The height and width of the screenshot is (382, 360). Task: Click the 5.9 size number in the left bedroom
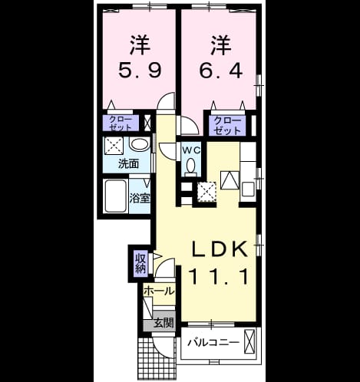tap(140, 71)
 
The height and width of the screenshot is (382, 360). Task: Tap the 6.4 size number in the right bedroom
tap(220, 71)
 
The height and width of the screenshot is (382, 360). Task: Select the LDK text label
tap(220, 249)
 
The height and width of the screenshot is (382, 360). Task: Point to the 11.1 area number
tap(219, 276)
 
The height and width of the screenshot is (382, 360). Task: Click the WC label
tap(191, 150)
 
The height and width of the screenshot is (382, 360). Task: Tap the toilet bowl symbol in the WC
tap(190, 167)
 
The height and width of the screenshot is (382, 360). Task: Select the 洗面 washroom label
tap(128, 163)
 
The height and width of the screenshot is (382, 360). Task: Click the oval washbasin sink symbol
tap(140, 145)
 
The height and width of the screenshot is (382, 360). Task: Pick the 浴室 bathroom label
tap(140, 198)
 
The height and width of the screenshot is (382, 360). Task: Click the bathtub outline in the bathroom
tap(116, 196)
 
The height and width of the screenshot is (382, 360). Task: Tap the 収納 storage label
tap(140, 263)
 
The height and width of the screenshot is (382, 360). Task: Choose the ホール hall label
tap(159, 291)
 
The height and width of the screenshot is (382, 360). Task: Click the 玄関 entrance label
tap(163, 323)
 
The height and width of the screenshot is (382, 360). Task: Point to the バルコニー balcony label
tap(214, 342)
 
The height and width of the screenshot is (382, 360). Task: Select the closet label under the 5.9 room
tap(121, 123)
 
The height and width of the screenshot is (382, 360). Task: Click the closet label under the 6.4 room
tap(227, 126)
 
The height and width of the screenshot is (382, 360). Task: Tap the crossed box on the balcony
tap(249, 341)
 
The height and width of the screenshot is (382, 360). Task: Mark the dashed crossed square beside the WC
tap(206, 192)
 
